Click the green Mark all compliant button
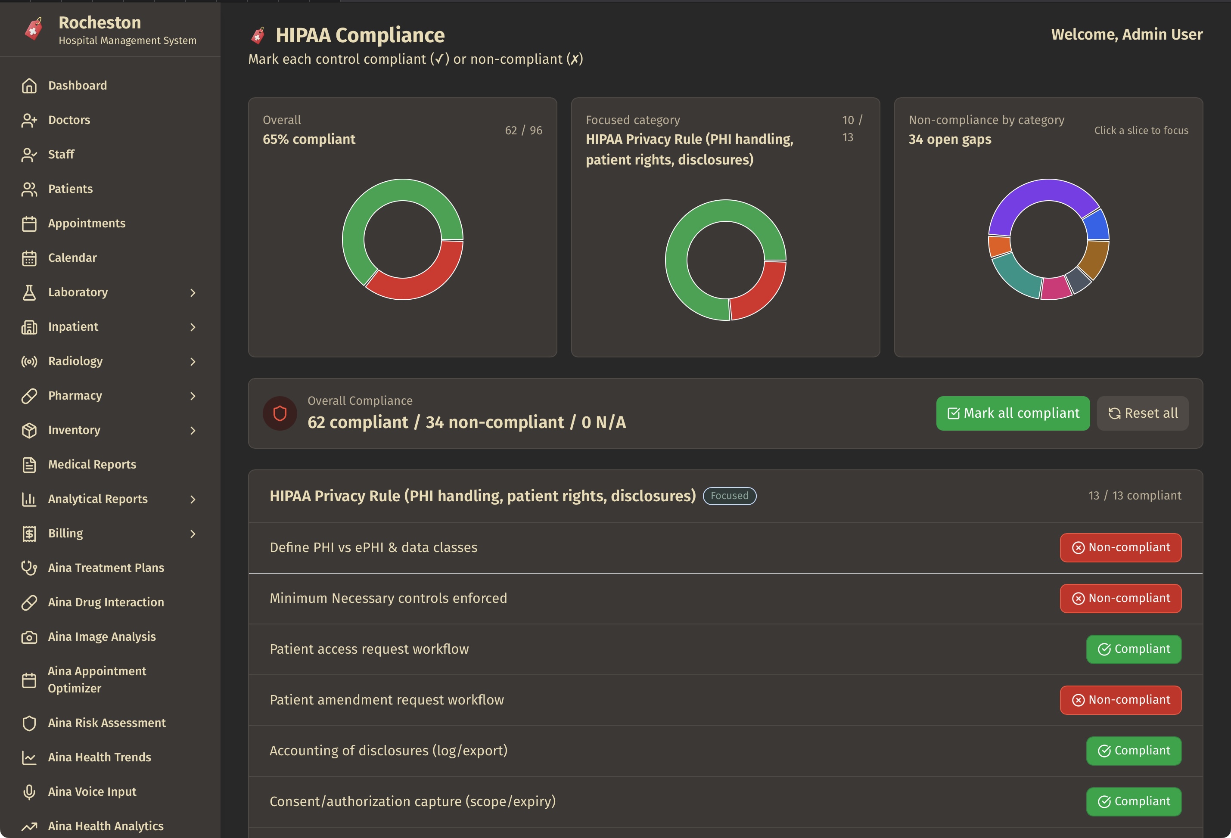point(1012,413)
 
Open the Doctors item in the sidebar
point(69,120)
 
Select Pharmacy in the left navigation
point(75,396)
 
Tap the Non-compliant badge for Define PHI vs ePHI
point(1120,547)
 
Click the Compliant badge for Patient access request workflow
point(1134,649)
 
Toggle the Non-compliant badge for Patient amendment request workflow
point(1120,700)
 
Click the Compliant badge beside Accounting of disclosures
point(1134,751)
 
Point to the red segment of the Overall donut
point(424,281)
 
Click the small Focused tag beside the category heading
point(729,496)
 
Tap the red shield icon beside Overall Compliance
point(280,413)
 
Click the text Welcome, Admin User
point(1126,34)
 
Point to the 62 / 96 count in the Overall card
point(523,130)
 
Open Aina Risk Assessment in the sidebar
point(106,723)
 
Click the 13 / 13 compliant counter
point(1134,496)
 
